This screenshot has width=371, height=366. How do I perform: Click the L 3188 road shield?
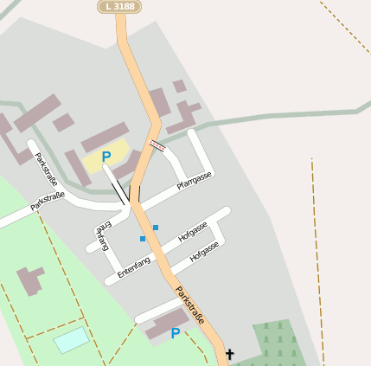(x=119, y=6)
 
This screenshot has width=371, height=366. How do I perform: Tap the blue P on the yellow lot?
(x=106, y=157)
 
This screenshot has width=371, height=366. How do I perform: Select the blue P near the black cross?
(x=176, y=333)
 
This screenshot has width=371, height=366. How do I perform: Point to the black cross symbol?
(x=229, y=354)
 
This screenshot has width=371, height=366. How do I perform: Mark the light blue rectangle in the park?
(x=71, y=339)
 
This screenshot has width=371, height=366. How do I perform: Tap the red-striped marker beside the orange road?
(x=157, y=145)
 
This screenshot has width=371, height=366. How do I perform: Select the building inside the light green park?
(x=30, y=280)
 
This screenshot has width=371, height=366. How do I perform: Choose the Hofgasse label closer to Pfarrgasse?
(x=193, y=231)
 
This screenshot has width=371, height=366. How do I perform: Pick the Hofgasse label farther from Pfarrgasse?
(x=204, y=251)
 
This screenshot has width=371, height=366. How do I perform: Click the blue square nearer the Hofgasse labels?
(x=156, y=228)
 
